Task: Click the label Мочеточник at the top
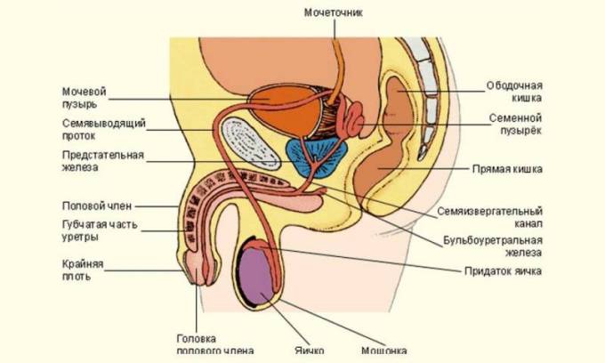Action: [334, 12]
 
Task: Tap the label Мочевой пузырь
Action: [85, 98]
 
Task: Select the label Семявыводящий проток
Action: [104, 130]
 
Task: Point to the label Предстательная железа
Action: [102, 161]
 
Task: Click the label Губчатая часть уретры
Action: [100, 230]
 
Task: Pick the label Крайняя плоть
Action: [83, 270]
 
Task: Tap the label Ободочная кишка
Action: [514, 92]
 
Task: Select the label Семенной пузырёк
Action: [515, 124]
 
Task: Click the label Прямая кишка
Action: [507, 169]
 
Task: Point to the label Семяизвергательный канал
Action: [489, 217]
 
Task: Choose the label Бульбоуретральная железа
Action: [493, 246]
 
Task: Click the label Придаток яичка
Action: [503, 271]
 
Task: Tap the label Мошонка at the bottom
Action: [384, 351]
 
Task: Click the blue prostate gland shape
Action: [317, 157]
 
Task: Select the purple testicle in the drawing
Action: [258, 276]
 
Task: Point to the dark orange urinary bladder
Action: [284, 110]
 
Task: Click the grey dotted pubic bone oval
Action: [250, 143]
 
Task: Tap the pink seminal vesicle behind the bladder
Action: [352, 119]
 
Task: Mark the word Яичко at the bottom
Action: [310, 351]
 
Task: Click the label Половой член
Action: [97, 206]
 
